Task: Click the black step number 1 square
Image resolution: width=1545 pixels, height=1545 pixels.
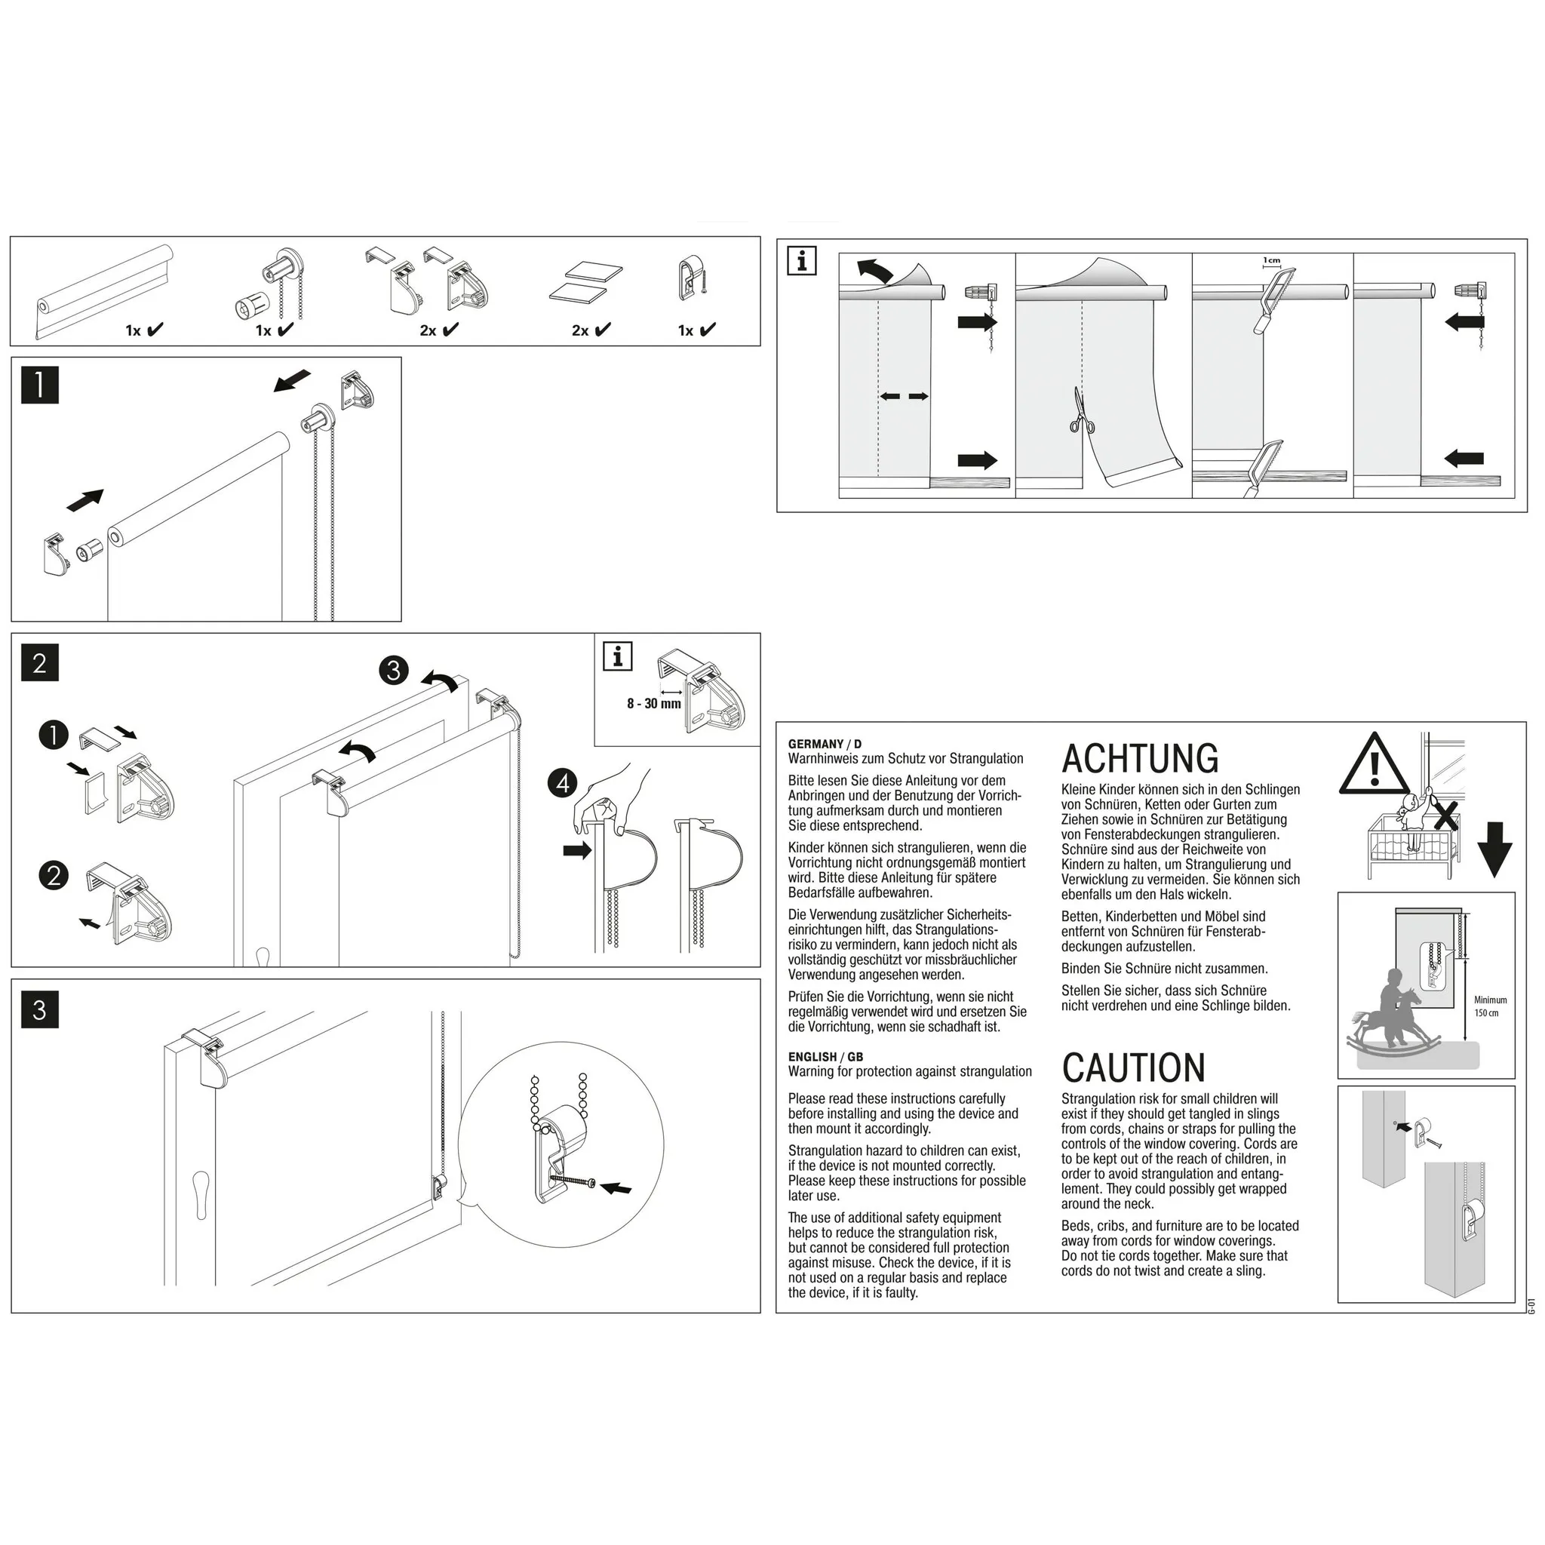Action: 39,384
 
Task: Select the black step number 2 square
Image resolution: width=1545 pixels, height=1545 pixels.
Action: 39,662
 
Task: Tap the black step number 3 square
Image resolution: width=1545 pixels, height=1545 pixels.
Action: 39,1009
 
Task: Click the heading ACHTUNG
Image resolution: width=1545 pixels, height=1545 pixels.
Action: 1140,758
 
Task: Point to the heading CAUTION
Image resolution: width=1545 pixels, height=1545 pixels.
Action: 1133,1067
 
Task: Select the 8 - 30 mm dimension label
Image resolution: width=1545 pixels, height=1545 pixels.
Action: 653,704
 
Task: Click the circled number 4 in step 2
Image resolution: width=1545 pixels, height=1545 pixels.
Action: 563,782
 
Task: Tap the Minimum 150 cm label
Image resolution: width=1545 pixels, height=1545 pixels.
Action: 1490,1006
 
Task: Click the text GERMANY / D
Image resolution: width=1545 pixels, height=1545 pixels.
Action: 825,744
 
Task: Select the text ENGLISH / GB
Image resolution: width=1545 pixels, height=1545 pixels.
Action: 825,1056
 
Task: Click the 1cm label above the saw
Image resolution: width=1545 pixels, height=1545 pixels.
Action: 1271,261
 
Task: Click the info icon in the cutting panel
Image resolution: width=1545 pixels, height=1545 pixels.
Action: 801,261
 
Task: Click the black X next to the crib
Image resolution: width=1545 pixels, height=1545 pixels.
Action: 1445,817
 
